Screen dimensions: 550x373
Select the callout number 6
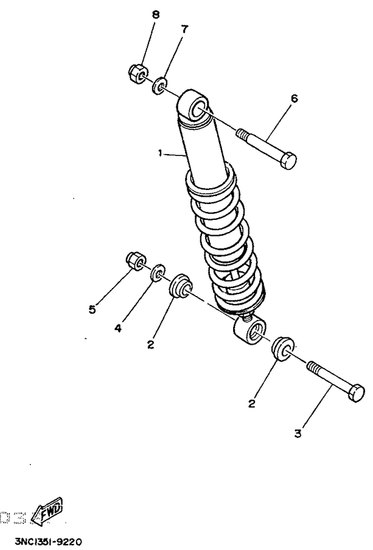pyautogui.click(x=294, y=99)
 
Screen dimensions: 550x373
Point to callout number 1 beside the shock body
pyautogui.click(x=161, y=153)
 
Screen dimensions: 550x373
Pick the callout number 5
pyautogui.click(x=93, y=309)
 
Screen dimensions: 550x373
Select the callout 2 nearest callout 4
pyautogui.click(x=151, y=344)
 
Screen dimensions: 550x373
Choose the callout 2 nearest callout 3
pyautogui.click(x=251, y=403)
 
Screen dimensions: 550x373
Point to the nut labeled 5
pyautogui.click(x=136, y=261)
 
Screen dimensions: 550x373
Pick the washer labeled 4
pyautogui.click(x=159, y=273)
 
